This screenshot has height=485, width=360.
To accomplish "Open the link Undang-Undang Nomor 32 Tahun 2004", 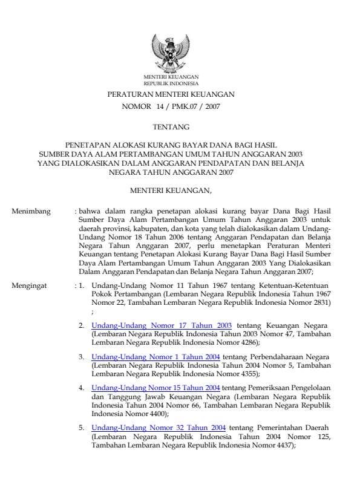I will [x=159, y=428].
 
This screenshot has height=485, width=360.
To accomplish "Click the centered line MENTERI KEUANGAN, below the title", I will [x=171, y=192].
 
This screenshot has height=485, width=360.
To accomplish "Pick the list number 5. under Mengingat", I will [x=82, y=428].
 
